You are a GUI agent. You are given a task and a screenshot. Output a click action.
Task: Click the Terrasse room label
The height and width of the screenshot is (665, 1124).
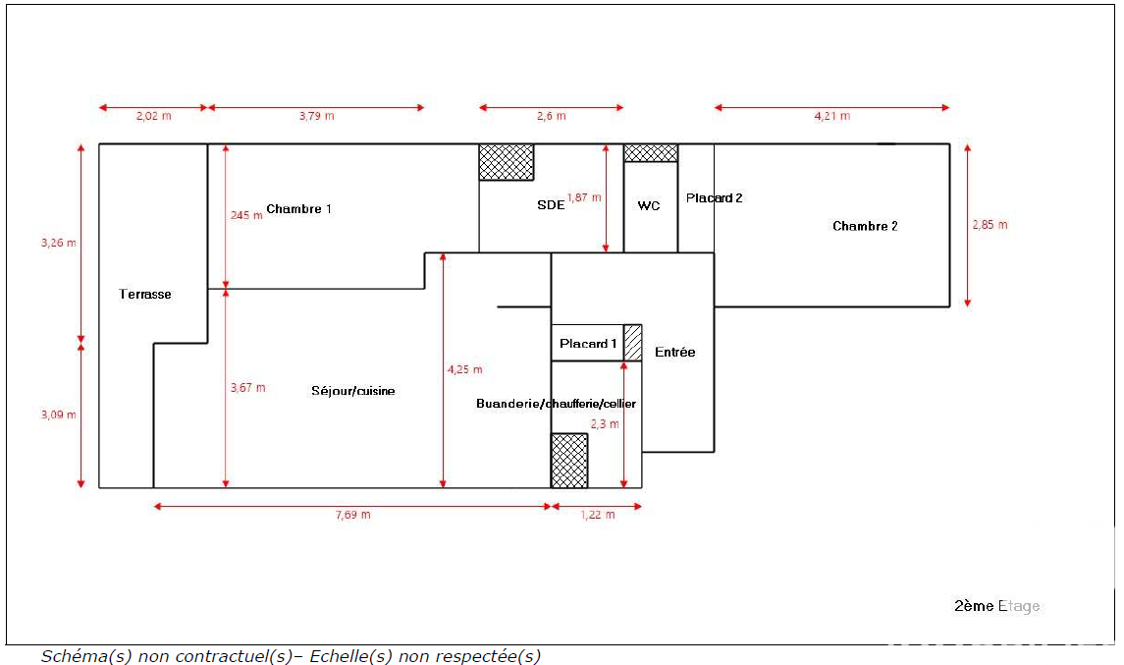click(x=145, y=294)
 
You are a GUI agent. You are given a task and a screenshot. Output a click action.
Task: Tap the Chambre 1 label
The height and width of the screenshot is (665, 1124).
click(x=299, y=209)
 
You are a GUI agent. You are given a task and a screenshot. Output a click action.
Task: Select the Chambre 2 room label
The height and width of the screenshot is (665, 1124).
click(x=865, y=226)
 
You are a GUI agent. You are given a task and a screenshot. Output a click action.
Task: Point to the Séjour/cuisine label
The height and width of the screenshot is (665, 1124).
click(x=353, y=391)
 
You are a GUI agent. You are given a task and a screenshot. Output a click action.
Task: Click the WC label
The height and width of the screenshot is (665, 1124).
click(x=649, y=206)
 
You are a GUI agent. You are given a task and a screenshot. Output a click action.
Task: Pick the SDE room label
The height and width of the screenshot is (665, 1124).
click(x=551, y=205)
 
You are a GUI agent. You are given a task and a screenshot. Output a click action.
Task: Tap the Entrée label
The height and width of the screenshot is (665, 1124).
click(x=674, y=353)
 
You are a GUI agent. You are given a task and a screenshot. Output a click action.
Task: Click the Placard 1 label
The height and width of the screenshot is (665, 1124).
click(x=588, y=344)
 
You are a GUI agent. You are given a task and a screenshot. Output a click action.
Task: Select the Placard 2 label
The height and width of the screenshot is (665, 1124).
click(x=714, y=198)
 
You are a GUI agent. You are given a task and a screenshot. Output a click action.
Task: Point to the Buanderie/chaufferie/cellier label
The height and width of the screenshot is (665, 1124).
click(x=557, y=404)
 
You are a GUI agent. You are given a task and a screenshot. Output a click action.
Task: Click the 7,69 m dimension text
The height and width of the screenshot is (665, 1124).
click(x=352, y=515)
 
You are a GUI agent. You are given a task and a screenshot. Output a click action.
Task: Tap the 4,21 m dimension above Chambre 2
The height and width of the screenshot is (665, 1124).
click(x=832, y=116)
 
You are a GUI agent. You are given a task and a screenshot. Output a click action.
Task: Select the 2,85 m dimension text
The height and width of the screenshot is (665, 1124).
click(x=990, y=225)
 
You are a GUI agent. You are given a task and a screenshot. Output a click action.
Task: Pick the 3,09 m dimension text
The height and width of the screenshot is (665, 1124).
click(x=59, y=415)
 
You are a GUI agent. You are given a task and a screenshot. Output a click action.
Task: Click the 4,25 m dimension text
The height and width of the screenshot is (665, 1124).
click(x=465, y=370)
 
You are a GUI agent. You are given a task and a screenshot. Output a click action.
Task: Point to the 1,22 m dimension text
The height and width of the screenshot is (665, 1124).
click(x=598, y=515)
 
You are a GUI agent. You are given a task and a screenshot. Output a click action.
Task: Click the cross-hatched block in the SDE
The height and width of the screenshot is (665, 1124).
click(x=507, y=162)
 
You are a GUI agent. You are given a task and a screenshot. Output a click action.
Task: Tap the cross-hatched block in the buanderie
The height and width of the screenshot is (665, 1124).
click(x=569, y=461)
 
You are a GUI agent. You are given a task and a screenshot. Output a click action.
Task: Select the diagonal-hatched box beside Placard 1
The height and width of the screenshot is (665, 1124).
click(x=633, y=343)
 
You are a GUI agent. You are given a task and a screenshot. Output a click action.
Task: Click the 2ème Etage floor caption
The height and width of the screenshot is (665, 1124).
click(x=997, y=606)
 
